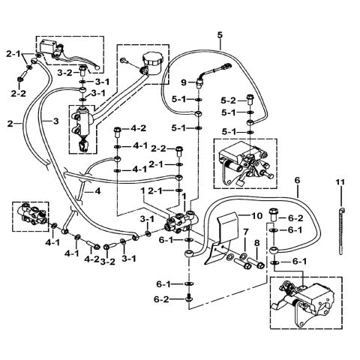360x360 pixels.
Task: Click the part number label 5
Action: pyautogui.click(x=220, y=35)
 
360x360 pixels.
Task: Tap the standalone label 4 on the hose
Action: pyautogui.click(x=97, y=190)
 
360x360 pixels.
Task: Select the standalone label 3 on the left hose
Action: pyautogui.click(x=55, y=120)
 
